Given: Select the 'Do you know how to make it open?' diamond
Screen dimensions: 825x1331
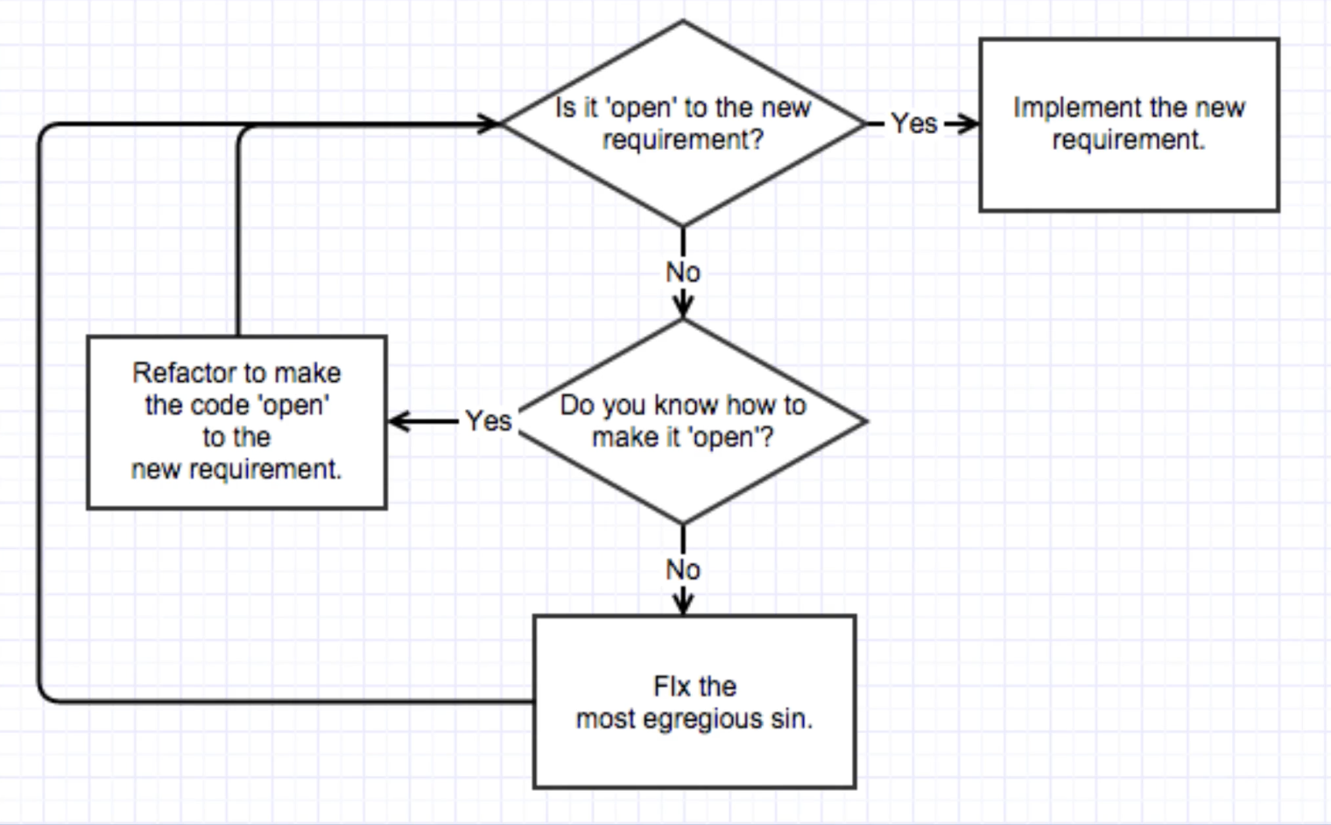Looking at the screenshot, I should [x=683, y=421].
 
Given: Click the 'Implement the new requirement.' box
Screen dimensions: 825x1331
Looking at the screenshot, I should [x=1129, y=124].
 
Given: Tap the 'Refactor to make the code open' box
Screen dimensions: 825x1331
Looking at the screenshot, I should [x=236, y=421].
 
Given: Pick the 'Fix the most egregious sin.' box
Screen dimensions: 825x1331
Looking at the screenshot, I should [x=694, y=702].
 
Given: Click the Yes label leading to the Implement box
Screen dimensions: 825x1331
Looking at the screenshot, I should [x=914, y=123].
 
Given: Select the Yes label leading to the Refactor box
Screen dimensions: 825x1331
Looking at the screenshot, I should [x=488, y=421].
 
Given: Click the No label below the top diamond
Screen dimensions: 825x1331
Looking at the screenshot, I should [x=683, y=272].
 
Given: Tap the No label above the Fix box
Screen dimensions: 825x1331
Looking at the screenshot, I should [x=683, y=569].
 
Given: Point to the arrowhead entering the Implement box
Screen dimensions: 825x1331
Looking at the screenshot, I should [x=969, y=124].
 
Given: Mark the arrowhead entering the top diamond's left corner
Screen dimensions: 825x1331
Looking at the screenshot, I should [x=489, y=123].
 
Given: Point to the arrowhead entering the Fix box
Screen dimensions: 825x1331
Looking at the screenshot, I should [x=683, y=604].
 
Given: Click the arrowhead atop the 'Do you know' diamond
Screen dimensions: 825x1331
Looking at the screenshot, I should [x=683, y=307].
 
